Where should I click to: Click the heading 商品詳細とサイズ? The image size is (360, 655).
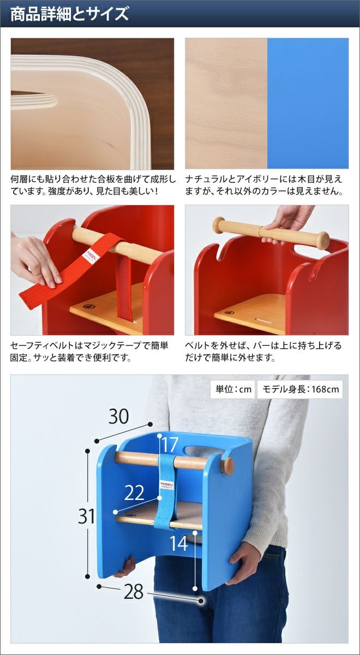69,14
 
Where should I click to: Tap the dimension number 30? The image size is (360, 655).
119,416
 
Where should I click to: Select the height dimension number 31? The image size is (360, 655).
87,516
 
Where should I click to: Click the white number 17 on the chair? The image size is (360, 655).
170,445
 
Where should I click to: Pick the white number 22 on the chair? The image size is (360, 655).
134,493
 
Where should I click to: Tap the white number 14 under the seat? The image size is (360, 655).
178,544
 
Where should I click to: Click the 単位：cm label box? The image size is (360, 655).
233,389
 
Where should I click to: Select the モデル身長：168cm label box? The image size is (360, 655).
300,389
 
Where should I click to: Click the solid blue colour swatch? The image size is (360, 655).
308,103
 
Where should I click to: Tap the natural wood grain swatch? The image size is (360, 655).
226,103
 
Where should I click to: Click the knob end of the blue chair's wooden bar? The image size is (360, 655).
227,466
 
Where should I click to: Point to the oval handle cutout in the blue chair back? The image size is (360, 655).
204,450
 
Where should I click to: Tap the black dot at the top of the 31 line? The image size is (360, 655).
87,451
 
